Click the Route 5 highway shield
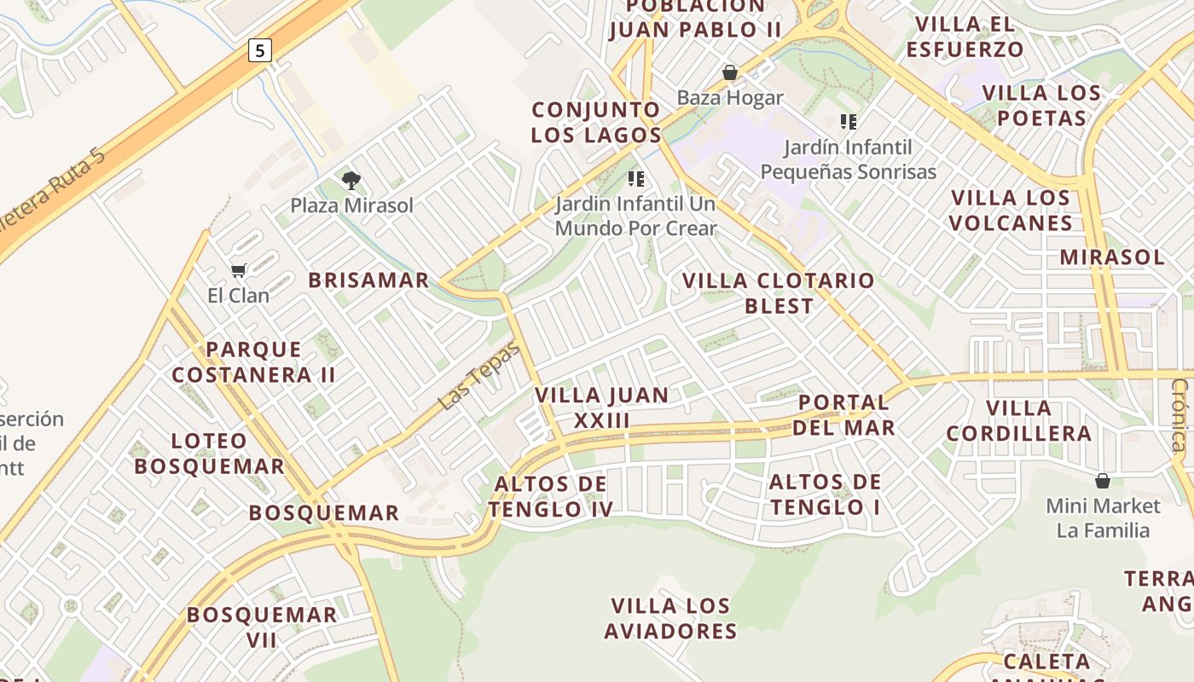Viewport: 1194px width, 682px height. click(x=260, y=50)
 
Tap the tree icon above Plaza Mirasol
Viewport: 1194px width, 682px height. click(x=351, y=180)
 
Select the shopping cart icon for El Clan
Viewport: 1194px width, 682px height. click(x=239, y=270)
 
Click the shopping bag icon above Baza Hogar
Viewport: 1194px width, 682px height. click(x=730, y=72)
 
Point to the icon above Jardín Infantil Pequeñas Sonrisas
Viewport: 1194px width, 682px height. click(x=848, y=122)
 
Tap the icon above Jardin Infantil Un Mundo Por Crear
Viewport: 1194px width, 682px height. click(x=635, y=178)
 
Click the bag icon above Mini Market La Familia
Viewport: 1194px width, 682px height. click(x=1103, y=481)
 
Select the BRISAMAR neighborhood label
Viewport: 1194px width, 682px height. click(x=368, y=280)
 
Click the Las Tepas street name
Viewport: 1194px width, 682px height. click(x=479, y=375)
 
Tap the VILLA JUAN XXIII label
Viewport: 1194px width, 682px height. click(x=602, y=407)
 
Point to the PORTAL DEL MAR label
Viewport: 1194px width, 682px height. click(x=844, y=414)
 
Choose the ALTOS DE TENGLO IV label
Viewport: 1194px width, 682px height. click(x=551, y=496)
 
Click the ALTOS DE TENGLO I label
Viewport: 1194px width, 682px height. click(x=825, y=494)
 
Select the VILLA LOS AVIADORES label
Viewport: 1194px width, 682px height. click(x=670, y=619)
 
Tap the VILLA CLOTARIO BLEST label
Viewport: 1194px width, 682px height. click(x=779, y=292)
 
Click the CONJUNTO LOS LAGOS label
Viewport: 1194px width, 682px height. click(x=596, y=122)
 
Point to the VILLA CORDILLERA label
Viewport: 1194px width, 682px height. click(x=1018, y=420)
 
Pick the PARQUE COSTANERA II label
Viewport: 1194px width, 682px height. click(x=253, y=361)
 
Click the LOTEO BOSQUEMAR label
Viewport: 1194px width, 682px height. click(x=209, y=454)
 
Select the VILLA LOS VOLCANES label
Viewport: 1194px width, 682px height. click(x=1011, y=211)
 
